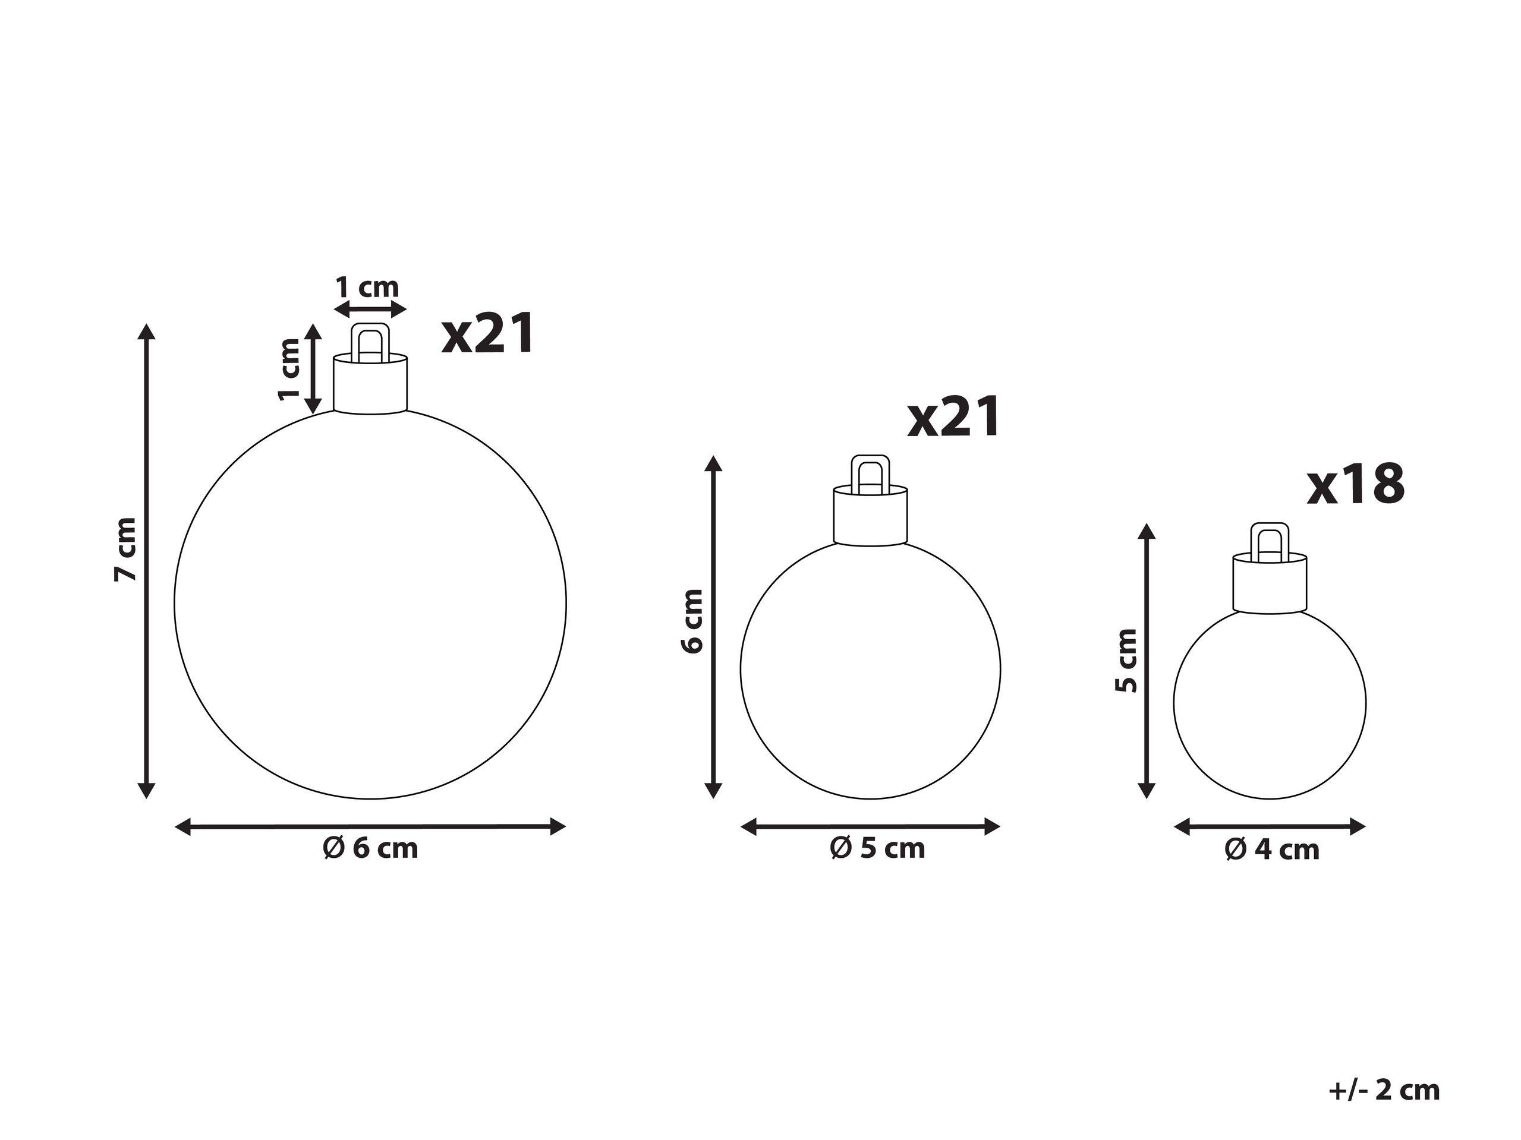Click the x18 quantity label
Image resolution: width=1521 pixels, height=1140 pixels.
click(x=1355, y=485)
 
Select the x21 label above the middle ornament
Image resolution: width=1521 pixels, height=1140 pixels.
click(x=954, y=416)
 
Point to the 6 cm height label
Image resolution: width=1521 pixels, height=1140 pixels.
click(x=693, y=621)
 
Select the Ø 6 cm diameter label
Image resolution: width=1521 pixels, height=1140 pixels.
click(x=371, y=849)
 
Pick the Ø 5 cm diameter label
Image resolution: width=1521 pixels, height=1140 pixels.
click(x=877, y=849)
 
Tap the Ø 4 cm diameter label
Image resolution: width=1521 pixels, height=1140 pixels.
click(x=1272, y=850)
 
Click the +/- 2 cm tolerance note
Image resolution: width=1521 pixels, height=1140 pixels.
click(x=1384, y=1091)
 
